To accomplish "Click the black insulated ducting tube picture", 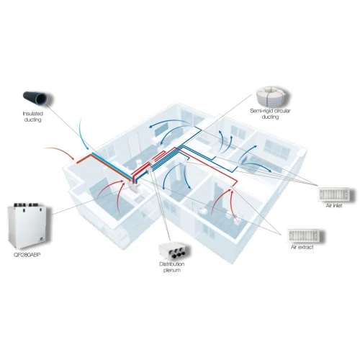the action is [x=38, y=98].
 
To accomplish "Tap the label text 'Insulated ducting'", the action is [x=33, y=117].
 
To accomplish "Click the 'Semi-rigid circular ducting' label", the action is [x=270, y=114].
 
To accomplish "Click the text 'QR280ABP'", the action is [x=27, y=255].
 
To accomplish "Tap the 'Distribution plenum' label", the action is [x=172, y=267].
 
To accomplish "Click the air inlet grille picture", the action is [x=336, y=194].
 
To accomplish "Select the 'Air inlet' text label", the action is [x=334, y=206].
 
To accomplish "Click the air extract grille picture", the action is [x=305, y=235].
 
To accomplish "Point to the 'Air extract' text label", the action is [x=302, y=247].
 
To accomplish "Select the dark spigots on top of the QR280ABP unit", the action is [x=26, y=205].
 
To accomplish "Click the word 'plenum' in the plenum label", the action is [x=172, y=270].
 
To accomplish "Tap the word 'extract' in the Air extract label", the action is [x=305, y=247].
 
